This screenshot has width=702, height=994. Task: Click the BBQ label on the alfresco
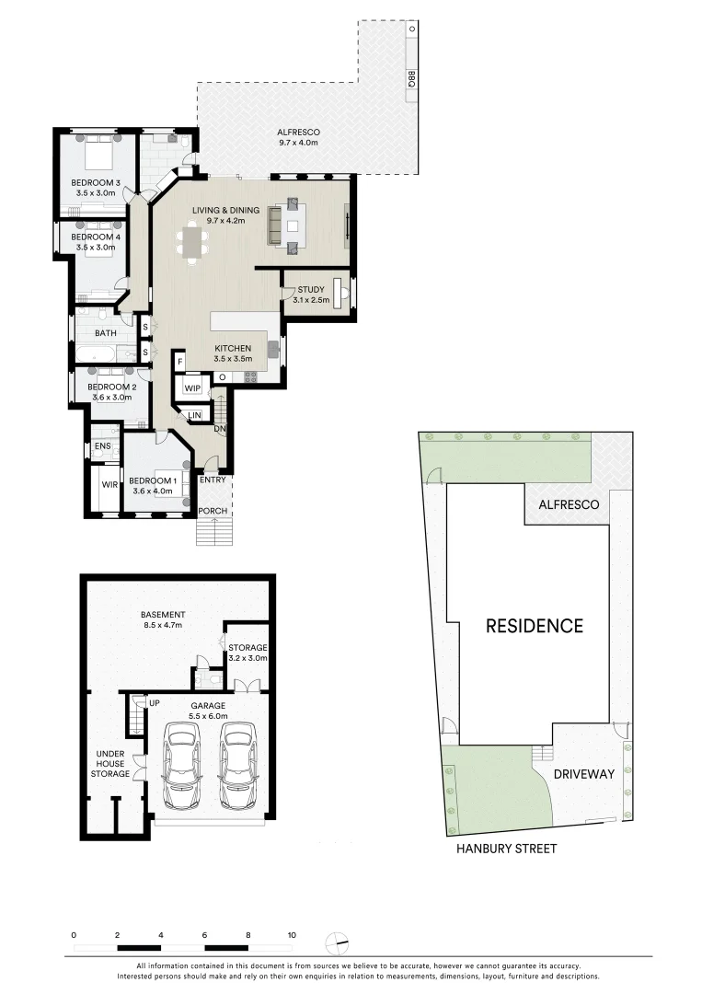coord(412,80)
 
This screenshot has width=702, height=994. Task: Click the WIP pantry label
coord(192,388)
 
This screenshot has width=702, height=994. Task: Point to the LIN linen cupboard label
coord(195,417)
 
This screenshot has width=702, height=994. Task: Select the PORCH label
coord(213,511)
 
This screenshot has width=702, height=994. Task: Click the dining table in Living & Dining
coord(193,244)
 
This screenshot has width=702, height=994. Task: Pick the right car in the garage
coord(236,764)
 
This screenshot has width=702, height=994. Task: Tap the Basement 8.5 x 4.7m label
coord(163,619)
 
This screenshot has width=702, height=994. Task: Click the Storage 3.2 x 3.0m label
coord(247,653)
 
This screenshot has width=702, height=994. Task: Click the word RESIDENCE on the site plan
coord(535,626)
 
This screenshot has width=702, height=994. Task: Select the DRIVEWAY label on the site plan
coord(583,774)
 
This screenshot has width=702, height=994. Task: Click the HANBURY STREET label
coord(507,849)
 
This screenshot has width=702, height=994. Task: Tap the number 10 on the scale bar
coord(292,934)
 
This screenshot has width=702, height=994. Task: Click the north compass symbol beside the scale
coord(338,943)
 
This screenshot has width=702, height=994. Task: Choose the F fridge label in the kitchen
coord(181,364)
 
